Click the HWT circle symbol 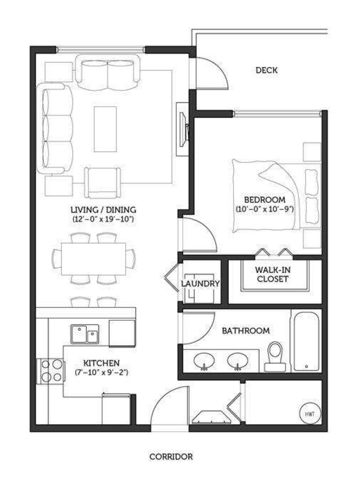coord(310,414)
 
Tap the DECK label coord(267,71)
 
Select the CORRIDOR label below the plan coord(171,457)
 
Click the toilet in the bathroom coord(275,356)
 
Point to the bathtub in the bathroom coord(306,341)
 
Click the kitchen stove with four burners coord(50,371)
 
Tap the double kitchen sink coord(85,334)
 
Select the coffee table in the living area coord(105,129)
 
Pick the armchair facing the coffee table coord(102,183)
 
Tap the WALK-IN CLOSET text coord(273,274)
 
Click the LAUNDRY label coord(200,284)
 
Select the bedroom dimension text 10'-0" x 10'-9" coord(265,209)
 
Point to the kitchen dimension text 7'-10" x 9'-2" coord(101,372)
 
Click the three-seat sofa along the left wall coord(55,129)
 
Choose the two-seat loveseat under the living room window coord(107,72)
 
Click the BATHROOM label coord(246,331)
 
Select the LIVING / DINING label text coord(104,210)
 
